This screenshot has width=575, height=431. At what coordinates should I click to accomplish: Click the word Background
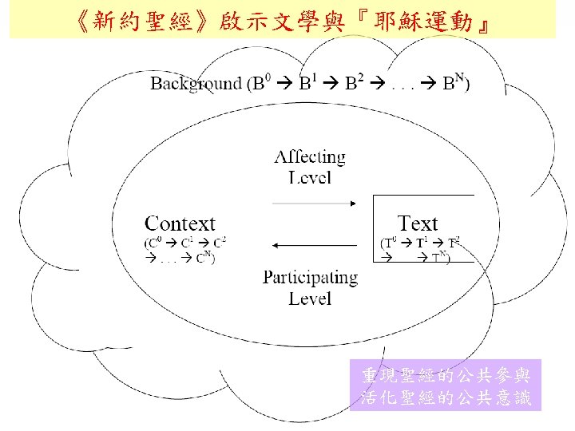[196, 83]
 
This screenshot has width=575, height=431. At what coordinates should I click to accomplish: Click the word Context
[180, 224]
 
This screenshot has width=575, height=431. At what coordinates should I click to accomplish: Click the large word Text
[418, 224]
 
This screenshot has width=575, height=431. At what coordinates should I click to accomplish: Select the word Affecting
[310, 157]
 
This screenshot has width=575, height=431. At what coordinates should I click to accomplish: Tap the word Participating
[311, 278]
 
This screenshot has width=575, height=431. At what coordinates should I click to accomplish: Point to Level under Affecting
[310, 177]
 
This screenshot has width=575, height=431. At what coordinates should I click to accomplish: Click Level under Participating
[310, 299]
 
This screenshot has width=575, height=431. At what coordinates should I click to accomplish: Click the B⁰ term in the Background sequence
[260, 83]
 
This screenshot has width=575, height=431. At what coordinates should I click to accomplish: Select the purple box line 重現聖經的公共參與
[445, 375]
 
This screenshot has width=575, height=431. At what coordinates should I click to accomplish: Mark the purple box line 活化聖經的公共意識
[445, 397]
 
